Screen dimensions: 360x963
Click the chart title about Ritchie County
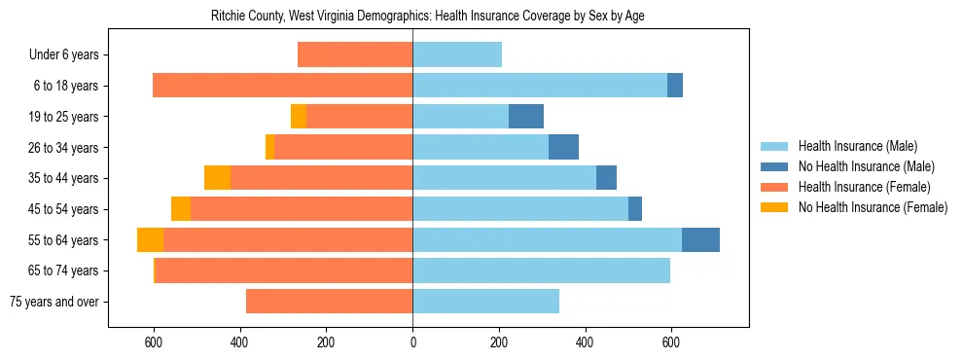coord(427,16)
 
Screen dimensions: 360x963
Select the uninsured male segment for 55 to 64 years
coord(700,239)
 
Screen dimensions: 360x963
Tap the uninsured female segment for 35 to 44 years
coord(217,178)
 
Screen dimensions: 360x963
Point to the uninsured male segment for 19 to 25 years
coord(526,117)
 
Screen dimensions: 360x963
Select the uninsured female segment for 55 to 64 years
coord(150,239)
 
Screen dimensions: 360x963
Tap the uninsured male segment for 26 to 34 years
coord(563,147)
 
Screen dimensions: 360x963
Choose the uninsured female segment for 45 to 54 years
coord(181,209)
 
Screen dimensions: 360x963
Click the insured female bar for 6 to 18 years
coord(282,86)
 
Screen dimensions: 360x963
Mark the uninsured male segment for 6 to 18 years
coord(675,86)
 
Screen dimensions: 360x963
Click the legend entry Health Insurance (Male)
coord(856,146)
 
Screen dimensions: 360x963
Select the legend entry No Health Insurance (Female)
coord(873,207)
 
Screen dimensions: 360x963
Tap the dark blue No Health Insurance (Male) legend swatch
coord(775,166)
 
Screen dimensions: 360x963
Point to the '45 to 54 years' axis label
coord(63,209)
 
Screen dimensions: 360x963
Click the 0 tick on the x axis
coord(412,342)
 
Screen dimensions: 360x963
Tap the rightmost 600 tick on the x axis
coord(670,342)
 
